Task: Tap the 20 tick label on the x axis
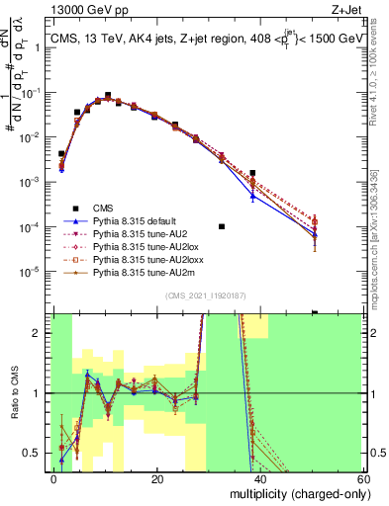point(157,478)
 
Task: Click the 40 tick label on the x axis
point(260,478)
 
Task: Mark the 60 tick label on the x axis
point(363,478)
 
